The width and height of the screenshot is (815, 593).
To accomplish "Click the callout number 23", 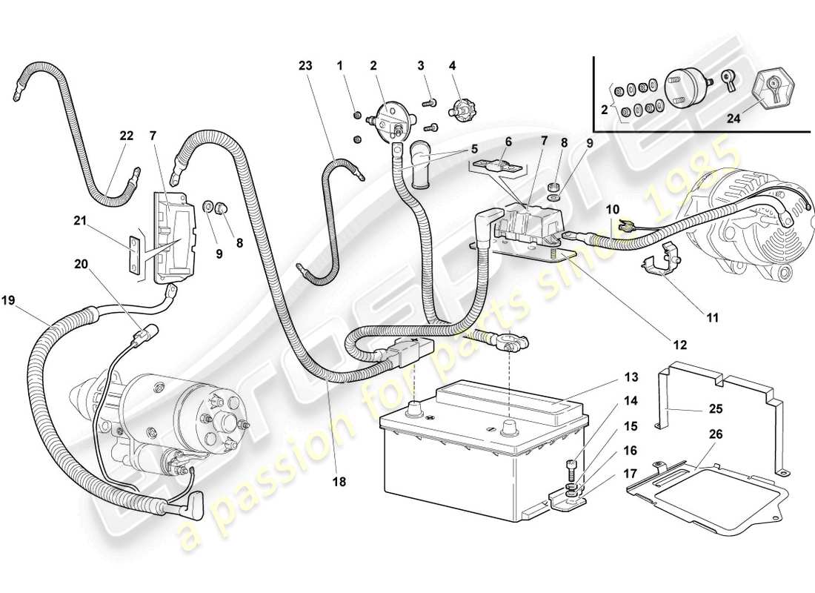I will (x=306, y=64).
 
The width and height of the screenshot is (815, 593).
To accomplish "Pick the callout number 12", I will (x=680, y=345).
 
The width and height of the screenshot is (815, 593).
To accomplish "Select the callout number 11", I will (x=712, y=319).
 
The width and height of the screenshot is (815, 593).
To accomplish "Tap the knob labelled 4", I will (x=464, y=111).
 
